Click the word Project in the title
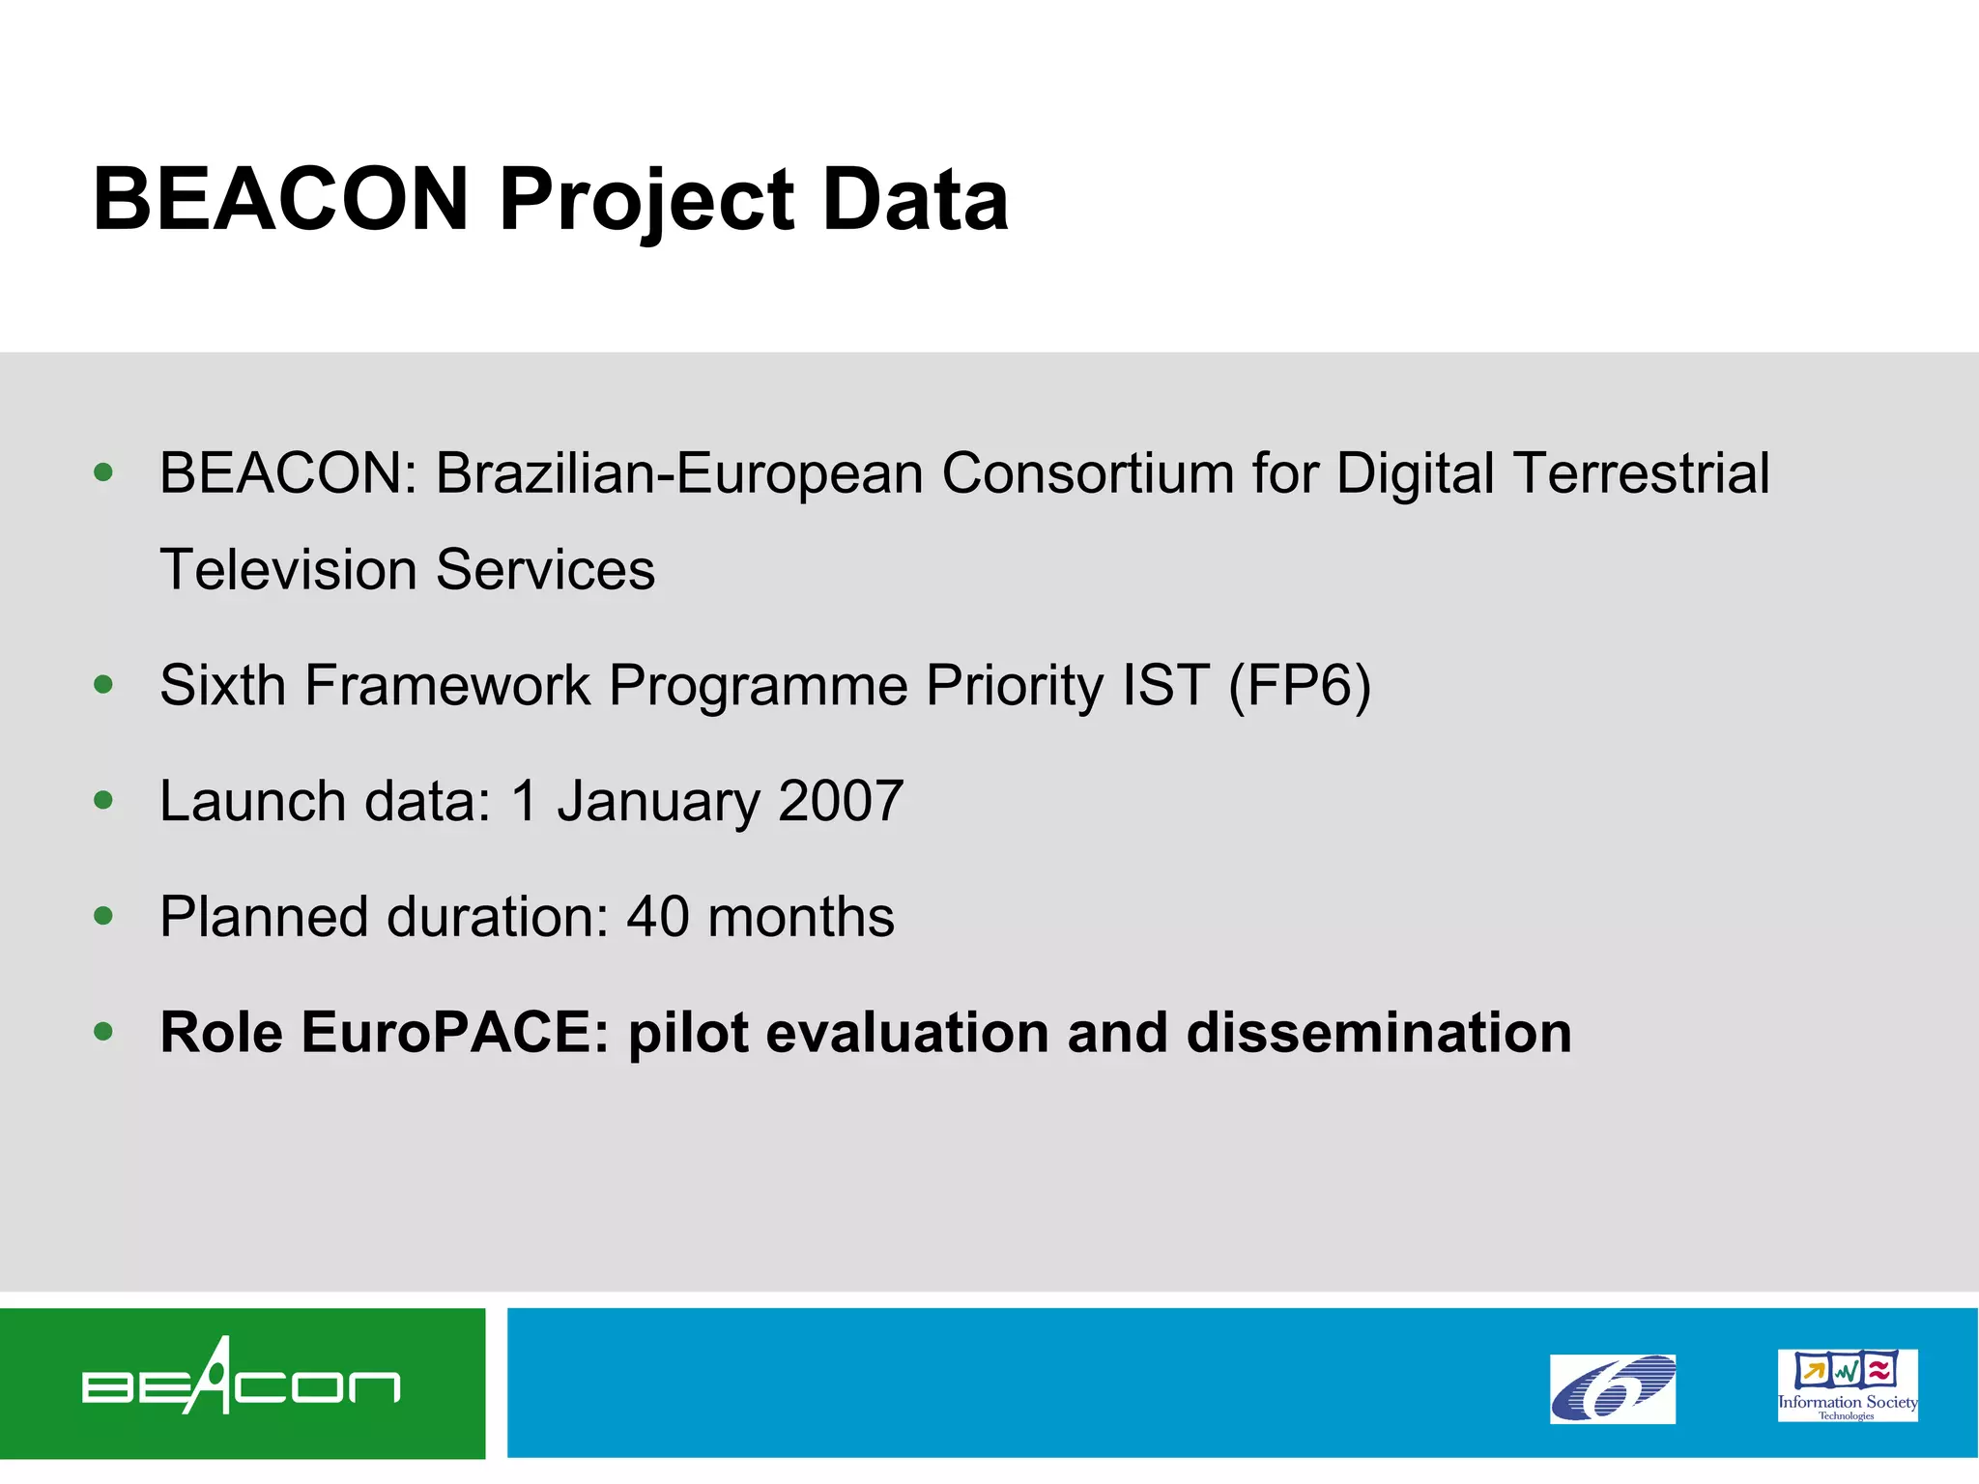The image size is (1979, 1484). tap(645, 201)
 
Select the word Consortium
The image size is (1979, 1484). tap(1087, 473)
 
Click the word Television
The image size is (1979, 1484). tap(288, 570)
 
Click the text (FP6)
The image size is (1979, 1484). tap(1299, 686)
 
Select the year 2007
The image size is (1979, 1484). tap(841, 802)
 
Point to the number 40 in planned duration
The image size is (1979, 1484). tap(657, 917)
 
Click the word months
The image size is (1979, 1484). tap(800, 917)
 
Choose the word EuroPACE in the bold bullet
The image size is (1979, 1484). tap(455, 1033)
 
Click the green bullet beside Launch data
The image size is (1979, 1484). tap(103, 800)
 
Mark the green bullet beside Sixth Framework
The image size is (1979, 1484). tap(103, 685)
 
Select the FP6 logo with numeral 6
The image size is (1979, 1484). tap(1612, 1388)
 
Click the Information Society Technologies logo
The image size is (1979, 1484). tap(1847, 1384)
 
